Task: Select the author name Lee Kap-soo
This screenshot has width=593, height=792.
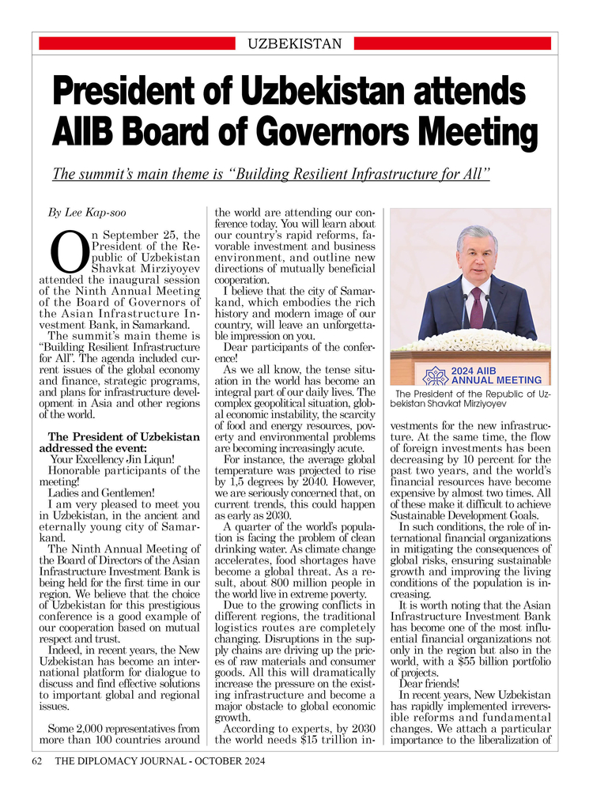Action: pos(100,213)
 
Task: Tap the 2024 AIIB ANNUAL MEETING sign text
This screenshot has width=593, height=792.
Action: pos(496,375)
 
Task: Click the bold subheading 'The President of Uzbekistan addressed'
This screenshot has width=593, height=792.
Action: pos(124,437)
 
